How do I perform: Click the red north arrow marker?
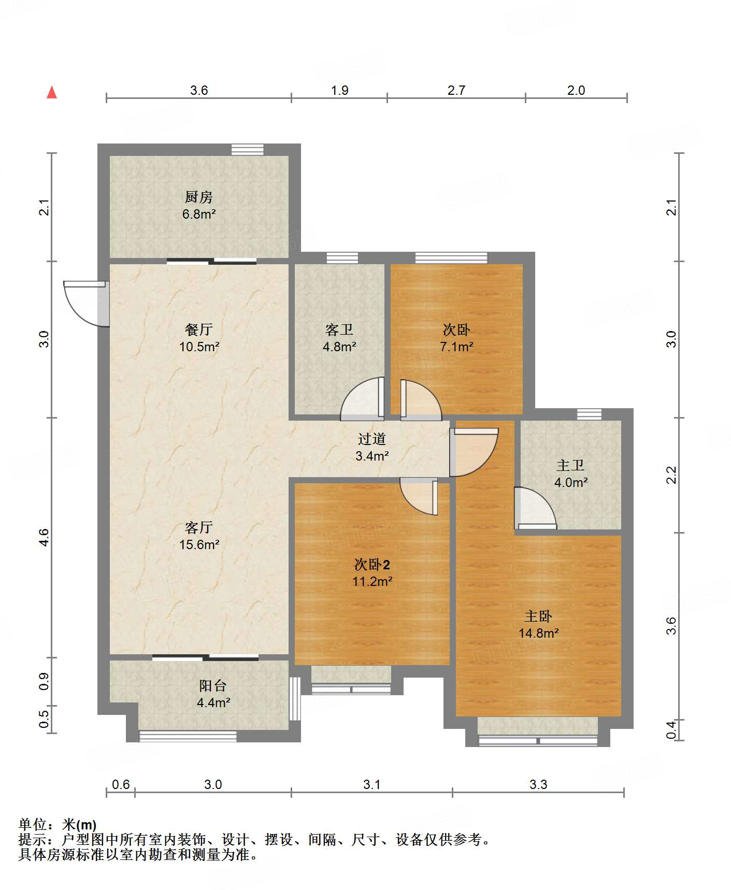pos(52,92)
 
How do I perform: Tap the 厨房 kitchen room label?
pos(199,197)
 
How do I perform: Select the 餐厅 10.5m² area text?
pos(199,347)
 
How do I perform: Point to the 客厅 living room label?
pos(199,527)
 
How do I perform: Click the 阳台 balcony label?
pos(213,685)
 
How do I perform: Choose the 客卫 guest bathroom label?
pos(339,329)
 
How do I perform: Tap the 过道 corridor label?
pos(372,439)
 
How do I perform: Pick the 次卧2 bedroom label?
pos(372,564)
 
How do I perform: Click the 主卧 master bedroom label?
pos(538,616)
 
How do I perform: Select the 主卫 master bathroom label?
pos(570,465)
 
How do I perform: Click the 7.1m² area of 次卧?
pos(456,347)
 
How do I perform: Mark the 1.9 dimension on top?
pos(340,90)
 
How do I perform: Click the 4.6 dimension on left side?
pos(44,537)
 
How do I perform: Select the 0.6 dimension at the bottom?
pos(121,784)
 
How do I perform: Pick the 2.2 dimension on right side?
pos(671,475)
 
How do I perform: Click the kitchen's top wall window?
pos(247,149)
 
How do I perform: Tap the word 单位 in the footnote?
pos(32,825)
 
